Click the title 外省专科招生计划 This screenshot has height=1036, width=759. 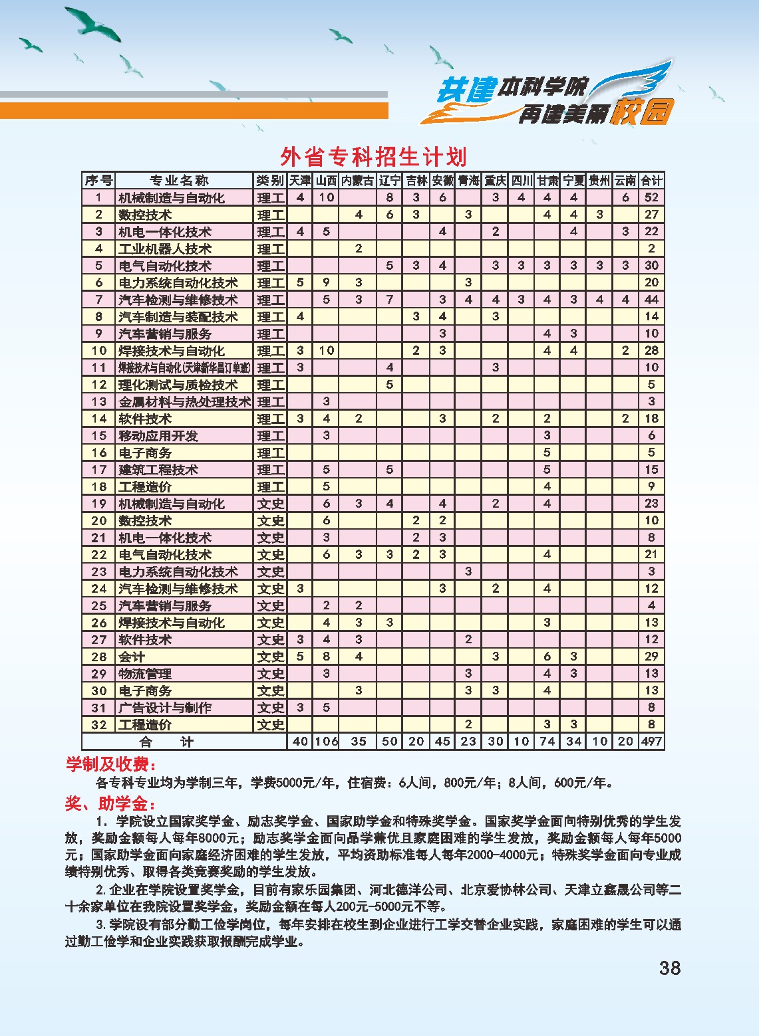tap(373, 157)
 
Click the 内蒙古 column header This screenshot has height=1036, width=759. tap(358, 181)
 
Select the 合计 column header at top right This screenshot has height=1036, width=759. tap(651, 181)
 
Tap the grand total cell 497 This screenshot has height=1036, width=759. tap(651, 742)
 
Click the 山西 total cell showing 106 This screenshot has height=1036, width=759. tap(326, 742)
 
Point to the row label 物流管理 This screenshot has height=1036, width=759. tap(145, 674)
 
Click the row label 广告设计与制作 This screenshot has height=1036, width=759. tap(164, 708)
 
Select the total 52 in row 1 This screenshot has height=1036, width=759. tap(651, 197)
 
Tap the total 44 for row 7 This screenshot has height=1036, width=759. tap(651, 300)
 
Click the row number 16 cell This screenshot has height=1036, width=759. tap(99, 453)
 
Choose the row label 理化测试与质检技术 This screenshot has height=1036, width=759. tap(178, 385)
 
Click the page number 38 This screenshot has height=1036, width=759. tap(670, 968)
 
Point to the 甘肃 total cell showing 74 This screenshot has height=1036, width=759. tap(547, 742)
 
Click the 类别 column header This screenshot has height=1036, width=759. tap(270, 181)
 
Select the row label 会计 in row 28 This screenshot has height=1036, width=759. tap(132, 657)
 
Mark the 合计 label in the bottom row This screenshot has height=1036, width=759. tap(166, 742)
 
